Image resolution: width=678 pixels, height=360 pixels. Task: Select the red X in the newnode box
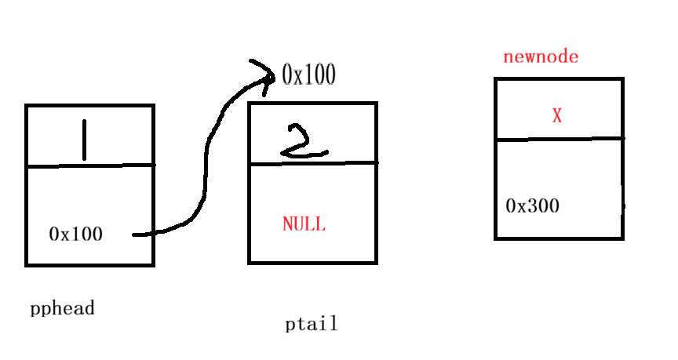pos(557,116)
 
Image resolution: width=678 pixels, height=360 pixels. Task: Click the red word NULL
pos(304,224)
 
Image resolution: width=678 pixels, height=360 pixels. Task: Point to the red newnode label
pos(541,57)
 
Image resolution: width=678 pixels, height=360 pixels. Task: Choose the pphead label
pos(62,308)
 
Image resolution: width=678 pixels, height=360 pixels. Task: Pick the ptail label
pos(311,324)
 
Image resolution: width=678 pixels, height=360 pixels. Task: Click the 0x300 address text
pos(533,206)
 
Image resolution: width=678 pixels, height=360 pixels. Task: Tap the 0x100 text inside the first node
pos(75,234)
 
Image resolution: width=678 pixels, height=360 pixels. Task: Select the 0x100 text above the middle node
pos(308,75)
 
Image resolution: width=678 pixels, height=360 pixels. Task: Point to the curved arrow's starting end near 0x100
pos(138,234)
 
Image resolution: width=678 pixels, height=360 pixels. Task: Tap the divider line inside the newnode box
pos(559,140)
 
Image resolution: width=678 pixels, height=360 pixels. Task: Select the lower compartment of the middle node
pos(312,243)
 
